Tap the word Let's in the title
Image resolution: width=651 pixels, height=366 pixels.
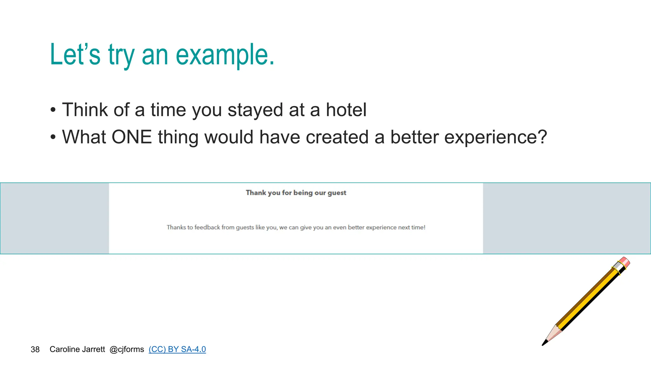click(x=75, y=55)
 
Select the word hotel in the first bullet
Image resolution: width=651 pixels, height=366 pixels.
click(x=346, y=110)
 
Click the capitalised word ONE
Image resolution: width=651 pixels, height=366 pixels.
click(x=132, y=137)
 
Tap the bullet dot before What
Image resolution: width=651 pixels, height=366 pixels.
click(x=53, y=138)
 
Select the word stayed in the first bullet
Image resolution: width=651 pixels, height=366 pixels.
click(x=255, y=110)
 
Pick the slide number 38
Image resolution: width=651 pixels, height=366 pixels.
click(x=35, y=349)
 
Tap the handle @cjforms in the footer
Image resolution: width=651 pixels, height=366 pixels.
click(x=127, y=349)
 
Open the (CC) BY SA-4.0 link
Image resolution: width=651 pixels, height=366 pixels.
click(x=177, y=349)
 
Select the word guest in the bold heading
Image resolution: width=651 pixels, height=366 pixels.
click(x=337, y=193)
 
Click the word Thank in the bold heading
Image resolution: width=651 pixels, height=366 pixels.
click(x=256, y=193)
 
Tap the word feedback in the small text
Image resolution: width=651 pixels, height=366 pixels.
click(x=207, y=227)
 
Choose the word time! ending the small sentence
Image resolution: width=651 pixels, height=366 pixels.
click(x=418, y=227)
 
